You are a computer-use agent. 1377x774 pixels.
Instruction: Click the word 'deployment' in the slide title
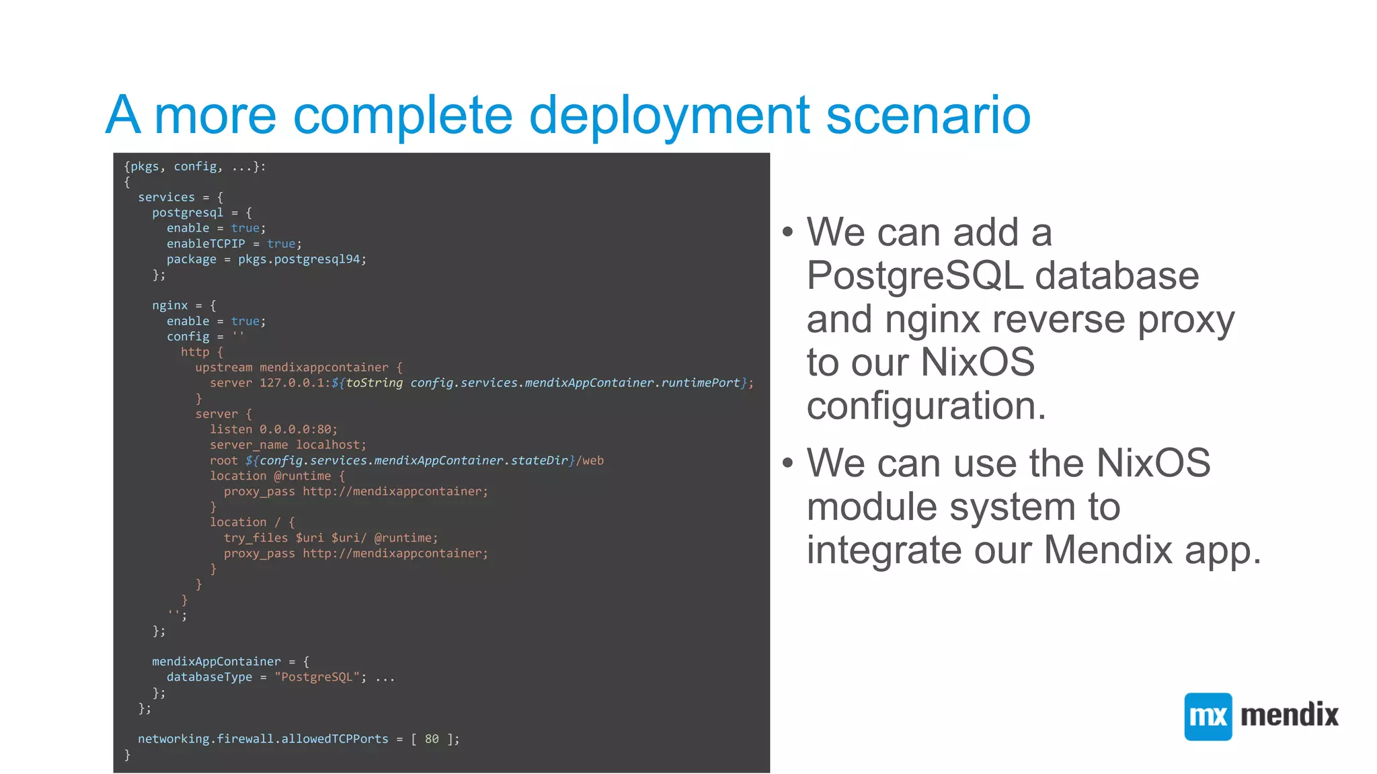(x=669, y=116)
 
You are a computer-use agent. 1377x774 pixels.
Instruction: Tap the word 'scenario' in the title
(x=928, y=116)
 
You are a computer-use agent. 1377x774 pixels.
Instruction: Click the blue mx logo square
(x=1208, y=716)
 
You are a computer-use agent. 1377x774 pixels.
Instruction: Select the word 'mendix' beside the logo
(x=1289, y=715)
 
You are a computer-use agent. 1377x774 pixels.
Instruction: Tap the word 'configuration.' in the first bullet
(x=926, y=406)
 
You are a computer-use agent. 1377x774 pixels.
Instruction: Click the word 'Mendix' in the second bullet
(x=1108, y=550)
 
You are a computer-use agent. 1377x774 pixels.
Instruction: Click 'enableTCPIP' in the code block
(x=206, y=244)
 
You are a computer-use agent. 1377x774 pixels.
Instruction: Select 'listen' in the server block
(x=231, y=429)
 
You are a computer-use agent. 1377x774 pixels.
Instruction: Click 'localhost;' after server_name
(x=331, y=445)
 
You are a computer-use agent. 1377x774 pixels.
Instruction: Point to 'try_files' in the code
(x=255, y=538)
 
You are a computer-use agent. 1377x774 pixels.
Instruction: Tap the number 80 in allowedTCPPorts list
(x=432, y=739)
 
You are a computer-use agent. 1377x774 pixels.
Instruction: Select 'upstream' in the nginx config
(x=224, y=368)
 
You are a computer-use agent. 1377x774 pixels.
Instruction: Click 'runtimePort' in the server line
(x=700, y=383)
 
